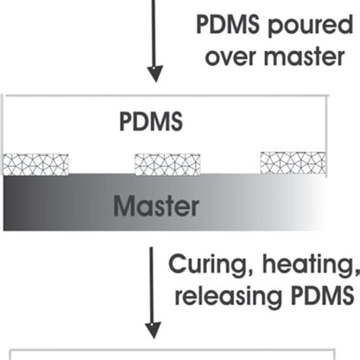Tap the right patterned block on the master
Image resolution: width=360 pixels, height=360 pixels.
tap(293, 163)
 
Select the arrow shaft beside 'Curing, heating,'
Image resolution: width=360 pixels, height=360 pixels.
tap(156, 281)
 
